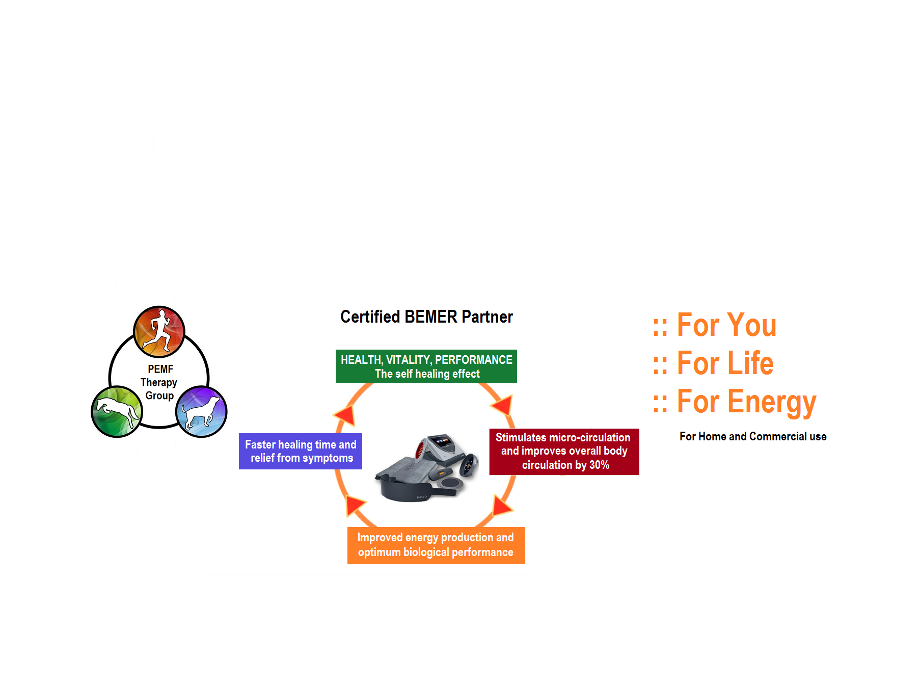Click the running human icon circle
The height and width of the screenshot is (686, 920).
(159, 332)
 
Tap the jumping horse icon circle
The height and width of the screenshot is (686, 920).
(117, 411)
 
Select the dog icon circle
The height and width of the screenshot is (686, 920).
(201, 411)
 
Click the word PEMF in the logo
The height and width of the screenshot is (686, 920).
(160, 369)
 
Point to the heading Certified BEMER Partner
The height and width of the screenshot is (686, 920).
(426, 317)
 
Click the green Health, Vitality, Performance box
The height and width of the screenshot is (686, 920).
(426, 366)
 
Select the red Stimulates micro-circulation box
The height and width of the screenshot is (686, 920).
(564, 452)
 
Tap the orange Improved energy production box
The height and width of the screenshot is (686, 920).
(436, 545)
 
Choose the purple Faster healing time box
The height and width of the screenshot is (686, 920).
(301, 452)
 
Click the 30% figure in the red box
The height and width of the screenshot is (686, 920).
(599, 465)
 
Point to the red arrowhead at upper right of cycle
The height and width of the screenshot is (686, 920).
(503, 405)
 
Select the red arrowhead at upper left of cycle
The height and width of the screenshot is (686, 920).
(346, 415)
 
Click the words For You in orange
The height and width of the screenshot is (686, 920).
(726, 325)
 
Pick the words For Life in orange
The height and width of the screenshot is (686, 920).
(725, 363)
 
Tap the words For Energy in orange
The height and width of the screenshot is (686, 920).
(746, 402)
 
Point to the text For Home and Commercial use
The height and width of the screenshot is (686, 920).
(753, 437)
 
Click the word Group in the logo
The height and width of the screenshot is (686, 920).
(159, 395)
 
